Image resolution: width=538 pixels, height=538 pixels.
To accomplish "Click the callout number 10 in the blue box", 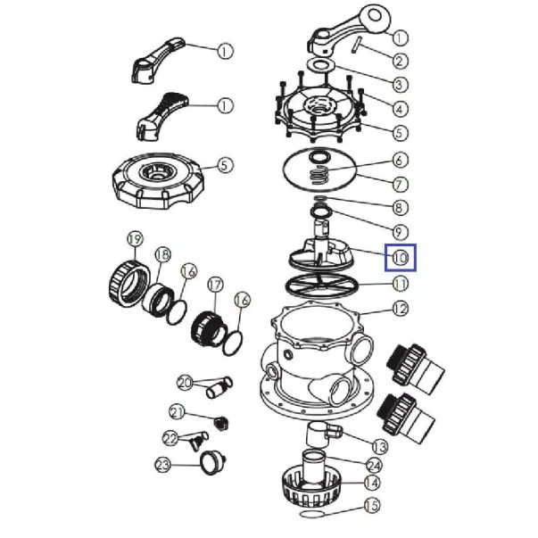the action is (x=400, y=258).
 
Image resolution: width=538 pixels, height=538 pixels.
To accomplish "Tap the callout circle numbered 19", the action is (x=135, y=239).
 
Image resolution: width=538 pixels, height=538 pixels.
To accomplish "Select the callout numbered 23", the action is (x=163, y=465).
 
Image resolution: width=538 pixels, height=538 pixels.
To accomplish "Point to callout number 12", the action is (x=400, y=309).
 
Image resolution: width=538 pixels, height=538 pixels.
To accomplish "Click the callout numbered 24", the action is (x=375, y=466).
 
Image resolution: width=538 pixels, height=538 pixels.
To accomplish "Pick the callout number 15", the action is (x=372, y=505).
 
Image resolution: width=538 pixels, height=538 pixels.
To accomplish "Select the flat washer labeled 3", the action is (x=321, y=64).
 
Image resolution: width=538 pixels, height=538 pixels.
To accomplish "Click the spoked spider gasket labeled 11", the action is (x=321, y=286).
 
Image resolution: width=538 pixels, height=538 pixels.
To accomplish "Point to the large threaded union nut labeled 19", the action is (x=129, y=283).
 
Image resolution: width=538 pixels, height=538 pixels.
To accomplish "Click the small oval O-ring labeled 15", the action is (x=311, y=514).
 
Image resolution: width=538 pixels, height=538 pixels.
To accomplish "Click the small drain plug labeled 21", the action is (x=221, y=423).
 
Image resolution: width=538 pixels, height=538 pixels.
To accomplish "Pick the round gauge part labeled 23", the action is (x=212, y=462).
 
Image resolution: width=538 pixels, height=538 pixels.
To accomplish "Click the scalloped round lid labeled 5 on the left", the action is (x=158, y=181).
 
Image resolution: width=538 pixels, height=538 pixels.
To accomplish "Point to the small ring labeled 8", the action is (x=319, y=198).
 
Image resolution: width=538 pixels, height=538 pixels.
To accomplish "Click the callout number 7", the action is (x=400, y=185).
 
